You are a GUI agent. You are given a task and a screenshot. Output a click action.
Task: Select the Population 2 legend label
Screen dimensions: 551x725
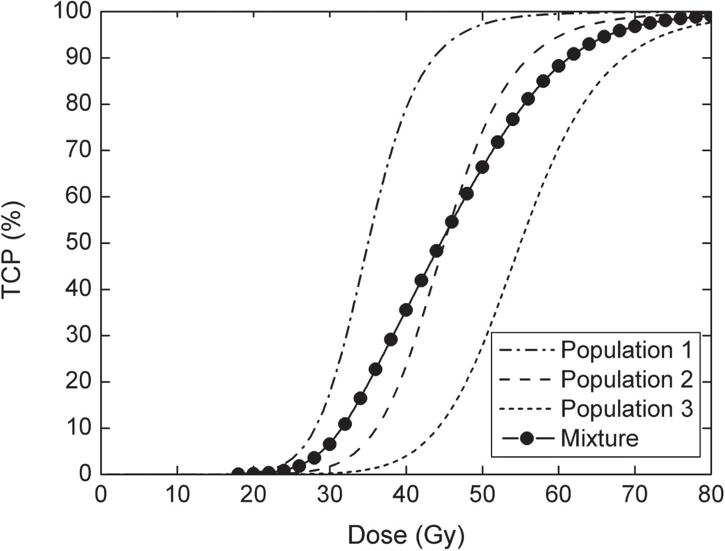(627, 380)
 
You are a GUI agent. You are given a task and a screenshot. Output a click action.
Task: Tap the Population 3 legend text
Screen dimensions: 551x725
(627, 409)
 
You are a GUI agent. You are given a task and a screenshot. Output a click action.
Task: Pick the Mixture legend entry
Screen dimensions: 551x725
(600, 438)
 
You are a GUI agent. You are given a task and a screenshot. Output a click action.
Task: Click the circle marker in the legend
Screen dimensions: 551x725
(527, 438)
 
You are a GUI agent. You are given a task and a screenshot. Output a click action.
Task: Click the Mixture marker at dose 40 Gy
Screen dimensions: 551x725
(406, 310)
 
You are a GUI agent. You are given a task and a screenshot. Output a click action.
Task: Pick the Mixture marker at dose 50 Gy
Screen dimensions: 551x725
(482, 167)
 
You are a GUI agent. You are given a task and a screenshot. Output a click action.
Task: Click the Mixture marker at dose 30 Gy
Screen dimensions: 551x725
(330, 443)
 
